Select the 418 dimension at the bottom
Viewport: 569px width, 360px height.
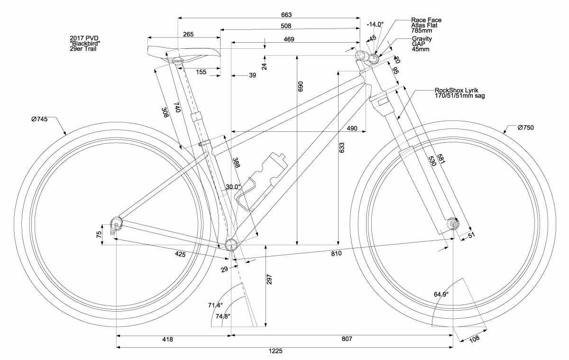(167, 340)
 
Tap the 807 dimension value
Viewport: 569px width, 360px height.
(347, 340)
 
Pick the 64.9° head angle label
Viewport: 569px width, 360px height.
(441, 294)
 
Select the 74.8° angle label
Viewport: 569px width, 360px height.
(223, 316)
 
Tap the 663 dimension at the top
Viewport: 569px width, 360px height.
(286, 15)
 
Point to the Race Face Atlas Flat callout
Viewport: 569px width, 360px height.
(426, 25)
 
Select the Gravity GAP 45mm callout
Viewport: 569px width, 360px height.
(421, 44)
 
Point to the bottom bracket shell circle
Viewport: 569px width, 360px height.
(232, 245)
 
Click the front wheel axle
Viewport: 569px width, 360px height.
(453, 223)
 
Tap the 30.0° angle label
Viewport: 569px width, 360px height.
(233, 187)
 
